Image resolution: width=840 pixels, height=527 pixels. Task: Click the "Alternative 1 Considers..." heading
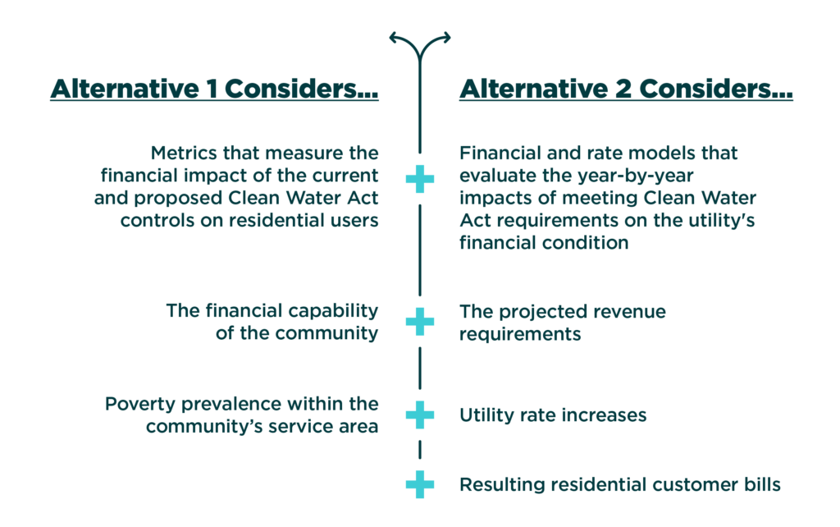(213, 90)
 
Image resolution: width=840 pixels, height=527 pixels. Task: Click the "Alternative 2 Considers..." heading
(625, 90)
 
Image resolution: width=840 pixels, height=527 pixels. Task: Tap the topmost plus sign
(420, 179)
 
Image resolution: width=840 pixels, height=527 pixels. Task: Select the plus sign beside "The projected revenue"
(420, 322)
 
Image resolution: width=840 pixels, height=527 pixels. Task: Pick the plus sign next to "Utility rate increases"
(420, 415)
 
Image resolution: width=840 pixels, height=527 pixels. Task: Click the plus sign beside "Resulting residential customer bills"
(420, 484)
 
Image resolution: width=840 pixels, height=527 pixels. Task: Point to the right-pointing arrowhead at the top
(446, 36)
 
